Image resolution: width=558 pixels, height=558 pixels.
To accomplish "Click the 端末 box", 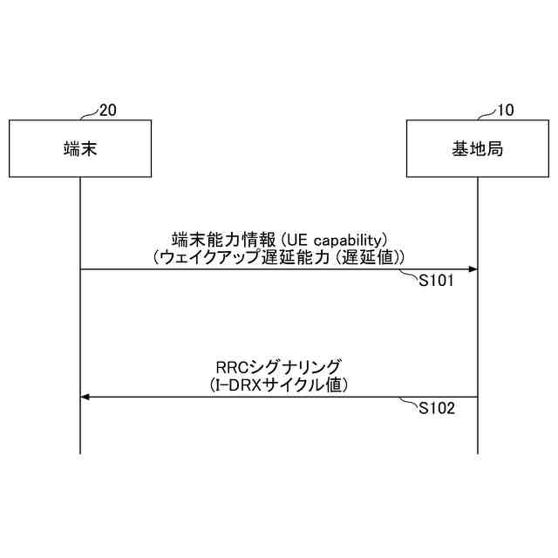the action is point(79,148).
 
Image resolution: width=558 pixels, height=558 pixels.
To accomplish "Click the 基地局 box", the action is point(478,148).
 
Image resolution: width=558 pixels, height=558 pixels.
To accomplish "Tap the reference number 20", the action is point(108,110).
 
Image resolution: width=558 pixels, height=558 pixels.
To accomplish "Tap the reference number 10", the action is point(506,110).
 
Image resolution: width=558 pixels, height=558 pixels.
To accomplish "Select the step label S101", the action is point(437,281).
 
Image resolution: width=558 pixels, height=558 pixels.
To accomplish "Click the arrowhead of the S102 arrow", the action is point(85,398).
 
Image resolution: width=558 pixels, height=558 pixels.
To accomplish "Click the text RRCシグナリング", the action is point(278,366).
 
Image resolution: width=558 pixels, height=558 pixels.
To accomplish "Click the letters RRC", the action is point(231,366).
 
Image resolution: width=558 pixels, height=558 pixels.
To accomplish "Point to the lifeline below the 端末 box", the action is point(79,331).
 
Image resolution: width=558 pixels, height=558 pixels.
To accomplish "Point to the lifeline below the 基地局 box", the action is point(478,331).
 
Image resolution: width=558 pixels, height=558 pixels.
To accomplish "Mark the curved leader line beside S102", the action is point(410,402).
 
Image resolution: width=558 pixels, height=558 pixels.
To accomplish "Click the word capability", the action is point(350,239).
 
